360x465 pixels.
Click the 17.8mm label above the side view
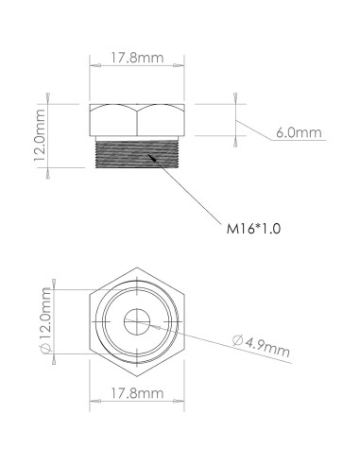click(137, 60)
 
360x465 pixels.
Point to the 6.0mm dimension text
click(298, 133)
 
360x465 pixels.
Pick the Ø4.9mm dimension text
click(262, 347)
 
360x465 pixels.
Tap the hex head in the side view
click(137, 120)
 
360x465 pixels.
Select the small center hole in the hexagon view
click(137, 321)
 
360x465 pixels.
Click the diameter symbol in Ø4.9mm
click(236, 342)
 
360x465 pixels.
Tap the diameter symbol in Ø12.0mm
click(44, 351)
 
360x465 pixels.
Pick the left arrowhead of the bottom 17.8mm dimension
click(94, 404)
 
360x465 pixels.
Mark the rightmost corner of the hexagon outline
click(183, 321)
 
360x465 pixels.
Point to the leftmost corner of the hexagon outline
click(91, 321)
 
